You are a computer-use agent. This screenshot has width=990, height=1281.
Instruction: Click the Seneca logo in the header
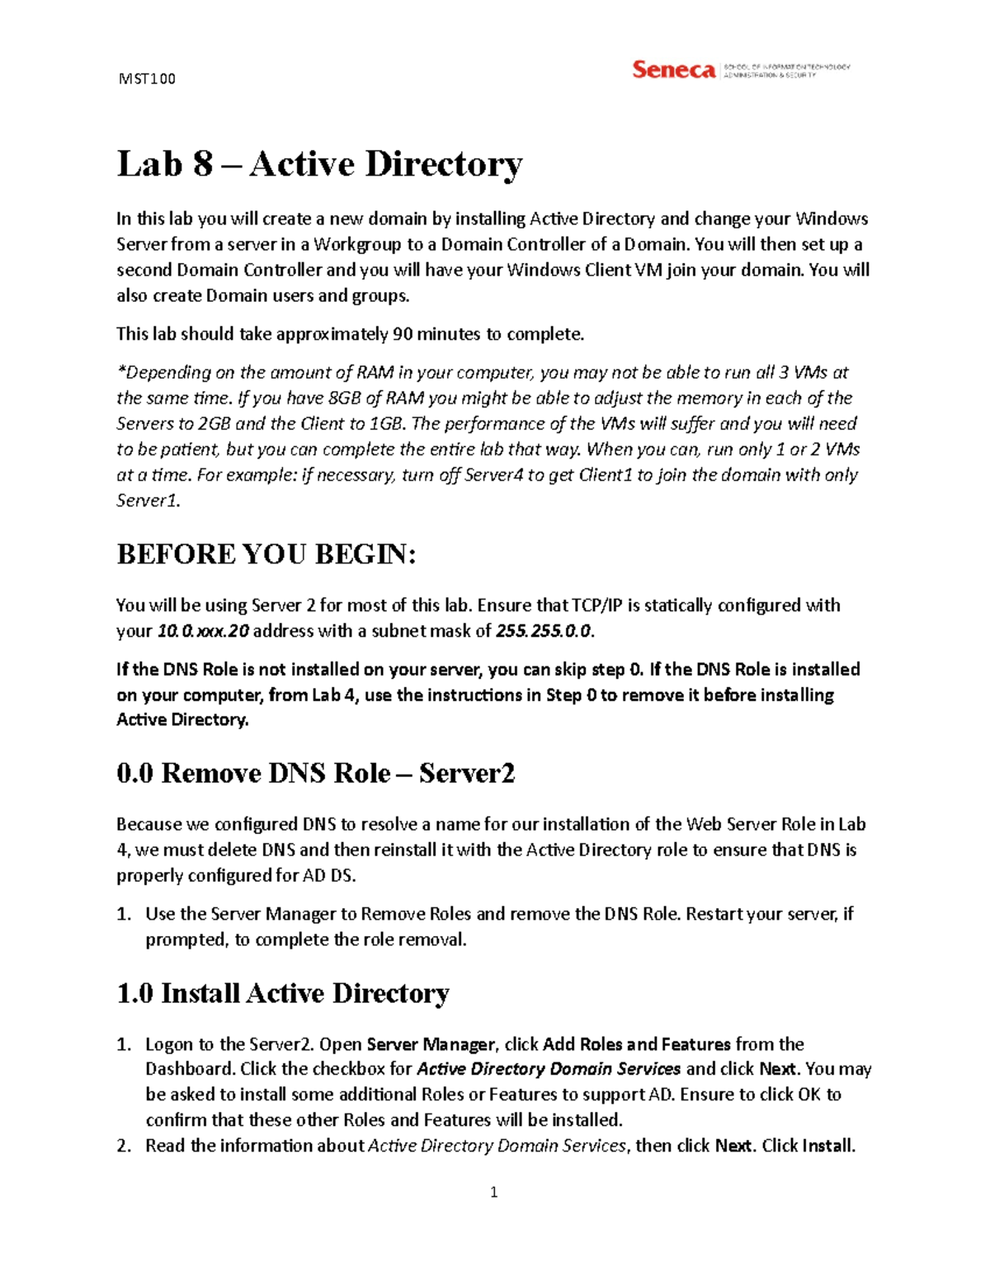coord(673,70)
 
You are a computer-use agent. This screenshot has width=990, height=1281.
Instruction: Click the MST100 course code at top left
coord(147,79)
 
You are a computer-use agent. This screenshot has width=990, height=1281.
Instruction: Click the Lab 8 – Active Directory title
coord(319,163)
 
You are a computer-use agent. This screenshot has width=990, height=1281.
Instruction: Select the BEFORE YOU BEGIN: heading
coord(266,554)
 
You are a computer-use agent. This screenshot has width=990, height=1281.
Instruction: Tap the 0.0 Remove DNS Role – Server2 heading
coord(316,774)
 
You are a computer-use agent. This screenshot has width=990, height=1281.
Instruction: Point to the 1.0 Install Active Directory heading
coord(283,993)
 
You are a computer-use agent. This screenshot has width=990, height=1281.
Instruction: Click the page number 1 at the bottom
coord(493,1192)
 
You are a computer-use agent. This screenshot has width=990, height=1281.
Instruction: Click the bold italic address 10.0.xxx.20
coord(203,631)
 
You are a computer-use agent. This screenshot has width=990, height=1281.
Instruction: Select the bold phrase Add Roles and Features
coord(636,1044)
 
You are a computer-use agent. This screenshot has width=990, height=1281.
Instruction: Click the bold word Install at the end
coord(827,1146)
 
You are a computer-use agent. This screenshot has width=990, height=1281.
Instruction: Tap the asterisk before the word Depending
coord(120,371)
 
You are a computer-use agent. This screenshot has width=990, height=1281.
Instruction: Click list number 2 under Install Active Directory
coord(123,1146)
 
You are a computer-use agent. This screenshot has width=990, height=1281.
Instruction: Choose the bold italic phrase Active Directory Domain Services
coord(549,1070)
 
